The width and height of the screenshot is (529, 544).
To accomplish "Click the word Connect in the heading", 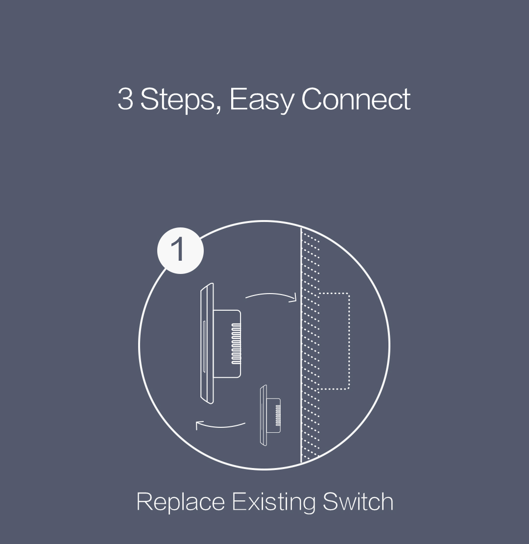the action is click(x=356, y=99).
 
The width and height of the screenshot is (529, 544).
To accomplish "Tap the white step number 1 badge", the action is click(x=180, y=250).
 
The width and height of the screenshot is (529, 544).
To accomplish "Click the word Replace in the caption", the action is click(x=181, y=502).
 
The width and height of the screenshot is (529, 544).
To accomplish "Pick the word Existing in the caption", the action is click(x=274, y=502).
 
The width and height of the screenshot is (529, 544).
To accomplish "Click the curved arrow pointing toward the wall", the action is click(x=271, y=295).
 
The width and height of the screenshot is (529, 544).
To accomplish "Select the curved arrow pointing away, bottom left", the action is click(x=220, y=426).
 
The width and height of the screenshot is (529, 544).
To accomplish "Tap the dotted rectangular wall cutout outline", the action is click(x=349, y=341).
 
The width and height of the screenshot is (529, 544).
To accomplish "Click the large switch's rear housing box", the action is click(x=227, y=344).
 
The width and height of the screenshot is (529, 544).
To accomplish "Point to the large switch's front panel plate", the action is click(x=207, y=344).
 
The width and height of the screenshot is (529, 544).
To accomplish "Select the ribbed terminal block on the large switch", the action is click(x=236, y=344).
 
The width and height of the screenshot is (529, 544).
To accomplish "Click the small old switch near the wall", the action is click(x=270, y=415).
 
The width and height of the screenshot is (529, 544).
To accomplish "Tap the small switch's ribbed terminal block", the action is click(x=278, y=416).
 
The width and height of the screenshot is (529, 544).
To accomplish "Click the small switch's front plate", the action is click(x=264, y=415).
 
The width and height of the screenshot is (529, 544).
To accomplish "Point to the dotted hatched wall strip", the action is click(x=310, y=345).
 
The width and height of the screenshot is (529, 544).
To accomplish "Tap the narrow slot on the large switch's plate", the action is click(x=204, y=346).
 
